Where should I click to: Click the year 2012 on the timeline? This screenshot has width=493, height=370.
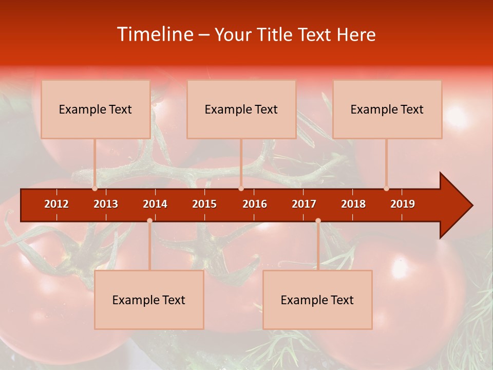(56, 204)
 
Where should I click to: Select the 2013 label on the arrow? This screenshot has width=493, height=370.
(106, 204)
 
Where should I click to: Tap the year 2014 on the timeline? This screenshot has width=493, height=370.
(155, 204)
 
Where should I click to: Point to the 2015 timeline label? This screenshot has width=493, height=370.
(204, 204)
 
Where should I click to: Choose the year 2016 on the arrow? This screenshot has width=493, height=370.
(255, 204)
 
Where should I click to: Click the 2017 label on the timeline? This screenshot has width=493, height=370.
(304, 204)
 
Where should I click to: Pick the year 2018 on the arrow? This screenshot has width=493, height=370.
(353, 204)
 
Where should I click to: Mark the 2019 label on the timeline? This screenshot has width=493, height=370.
(403, 204)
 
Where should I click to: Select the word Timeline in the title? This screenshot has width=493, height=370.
(155, 34)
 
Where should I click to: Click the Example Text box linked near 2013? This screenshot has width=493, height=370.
(96, 109)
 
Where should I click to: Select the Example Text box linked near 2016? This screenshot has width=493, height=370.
(241, 109)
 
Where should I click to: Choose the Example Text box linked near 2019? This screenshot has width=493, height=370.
(387, 109)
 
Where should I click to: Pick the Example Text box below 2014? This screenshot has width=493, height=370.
(149, 300)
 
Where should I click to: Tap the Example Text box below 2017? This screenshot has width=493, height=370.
(317, 300)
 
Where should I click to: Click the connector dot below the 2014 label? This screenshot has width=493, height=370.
(149, 220)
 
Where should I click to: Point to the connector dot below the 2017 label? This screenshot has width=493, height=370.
(318, 220)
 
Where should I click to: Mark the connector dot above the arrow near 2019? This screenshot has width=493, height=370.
(386, 189)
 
